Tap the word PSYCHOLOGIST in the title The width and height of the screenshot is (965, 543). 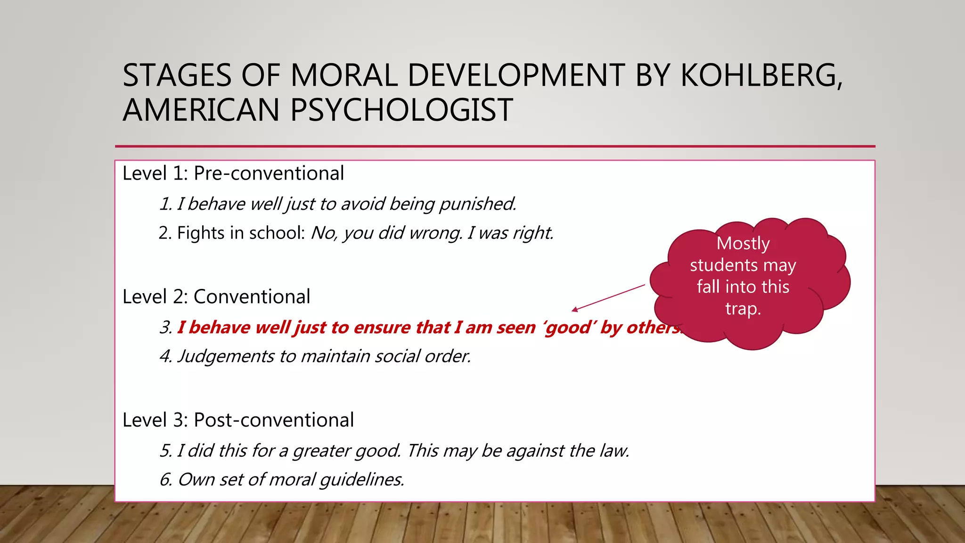click(x=401, y=110)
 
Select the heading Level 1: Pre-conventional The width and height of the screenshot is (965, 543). click(x=233, y=173)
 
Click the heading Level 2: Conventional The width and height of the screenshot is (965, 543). click(x=216, y=297)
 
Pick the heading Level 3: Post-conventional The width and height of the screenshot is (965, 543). click(x=238, y=420)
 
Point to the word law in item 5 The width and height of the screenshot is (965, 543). click(x=614, y=451)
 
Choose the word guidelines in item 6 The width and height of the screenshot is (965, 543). click(x=361, y=479)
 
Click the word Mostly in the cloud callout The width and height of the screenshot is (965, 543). click(x=743, y=243)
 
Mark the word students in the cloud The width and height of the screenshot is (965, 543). click(x=724, y=265)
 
